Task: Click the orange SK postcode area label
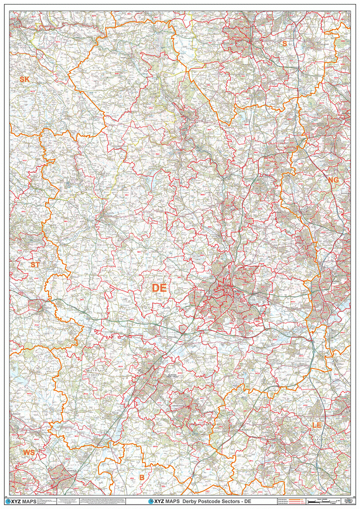click(24, 80)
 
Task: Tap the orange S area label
click(284, 44)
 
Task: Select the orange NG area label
click(333, 179)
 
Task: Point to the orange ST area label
click(35, 265)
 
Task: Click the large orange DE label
click(160, 288)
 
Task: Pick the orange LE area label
click(317, 425)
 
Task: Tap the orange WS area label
click(29, 452)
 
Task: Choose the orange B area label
click(142, 478)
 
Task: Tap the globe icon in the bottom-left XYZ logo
click(7, 501)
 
